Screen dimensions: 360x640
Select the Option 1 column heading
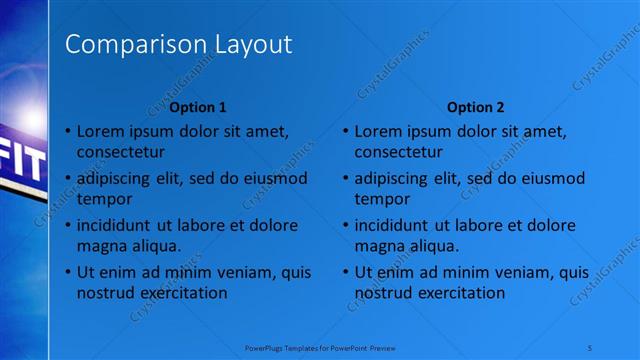pyautogui.click(x=198, y=107)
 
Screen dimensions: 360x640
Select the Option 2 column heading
pyautogui.click(x=476, y=107)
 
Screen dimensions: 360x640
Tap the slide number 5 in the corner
pyautogui.click(x=593, y=349)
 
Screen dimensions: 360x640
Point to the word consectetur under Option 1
pyautogui.click(x=122, y=151)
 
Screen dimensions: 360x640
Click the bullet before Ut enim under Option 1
pyautogui.click(x=68, y=272)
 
